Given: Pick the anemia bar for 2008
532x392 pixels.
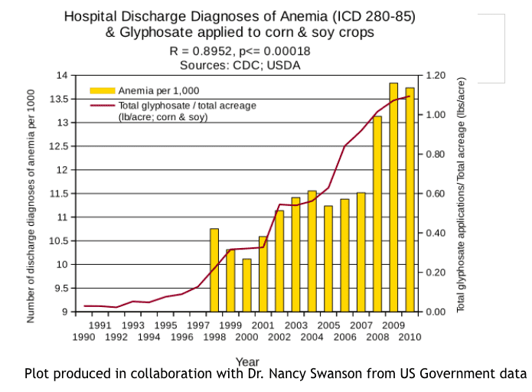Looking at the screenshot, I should click(377, 214).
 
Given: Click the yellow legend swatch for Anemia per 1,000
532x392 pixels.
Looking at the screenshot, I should click(101, 90).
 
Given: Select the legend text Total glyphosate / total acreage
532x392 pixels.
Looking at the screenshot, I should click(187, 106).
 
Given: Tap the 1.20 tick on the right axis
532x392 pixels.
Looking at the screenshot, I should click(436, 75).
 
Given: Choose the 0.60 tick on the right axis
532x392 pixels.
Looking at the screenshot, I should click(436, 194).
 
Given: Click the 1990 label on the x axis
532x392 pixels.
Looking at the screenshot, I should click(84, 338).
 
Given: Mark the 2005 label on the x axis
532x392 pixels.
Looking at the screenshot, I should click(328, 325).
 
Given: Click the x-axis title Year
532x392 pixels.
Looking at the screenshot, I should click(247, 361).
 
